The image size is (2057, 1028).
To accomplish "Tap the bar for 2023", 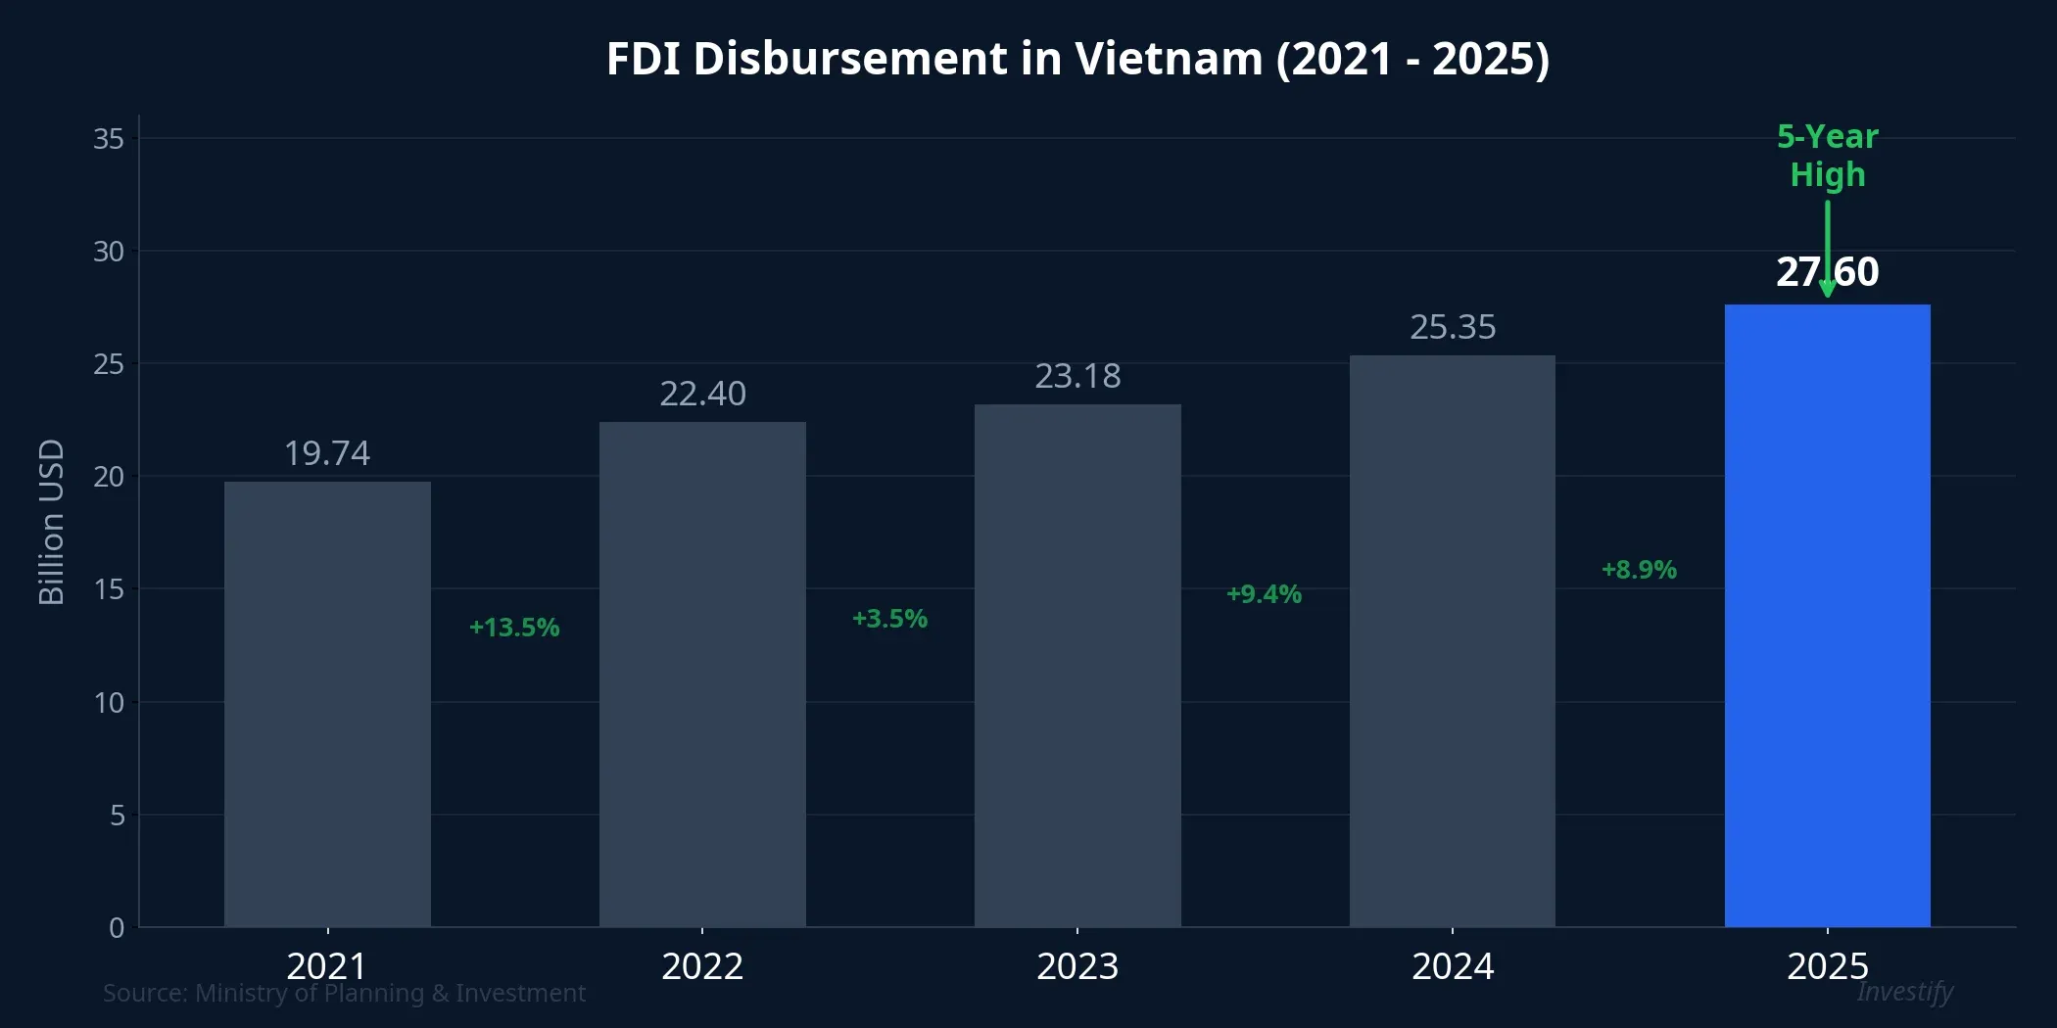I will click(1077, 665).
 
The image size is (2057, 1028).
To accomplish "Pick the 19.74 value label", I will click(327, 453).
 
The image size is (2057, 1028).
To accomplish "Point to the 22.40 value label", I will click(702, 394).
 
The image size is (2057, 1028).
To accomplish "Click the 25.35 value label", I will click(1453, 327).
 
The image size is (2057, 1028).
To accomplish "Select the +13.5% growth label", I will click(514, 628).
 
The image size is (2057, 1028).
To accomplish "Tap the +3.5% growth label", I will click(889, 619).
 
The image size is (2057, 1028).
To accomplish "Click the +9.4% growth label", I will click(1264, 594).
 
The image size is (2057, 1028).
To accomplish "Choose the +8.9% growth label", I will click(1639, 570).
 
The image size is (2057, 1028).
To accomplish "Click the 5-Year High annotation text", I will click(1827, 156).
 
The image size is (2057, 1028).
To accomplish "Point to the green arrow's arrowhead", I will click(1827, 289).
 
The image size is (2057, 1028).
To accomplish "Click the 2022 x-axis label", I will click(702, 966).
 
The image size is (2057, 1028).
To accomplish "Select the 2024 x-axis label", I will click(1453, 966).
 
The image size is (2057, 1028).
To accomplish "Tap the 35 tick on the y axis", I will click(109, 139).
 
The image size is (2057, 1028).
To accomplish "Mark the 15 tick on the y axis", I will click(109, 589).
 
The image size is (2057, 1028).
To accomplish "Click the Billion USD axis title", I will click(51, 522).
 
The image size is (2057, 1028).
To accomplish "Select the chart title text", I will click(1077, 59).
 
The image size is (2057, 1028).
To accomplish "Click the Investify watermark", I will click(1904, 992).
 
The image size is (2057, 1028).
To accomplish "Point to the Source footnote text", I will click(344, 993).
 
